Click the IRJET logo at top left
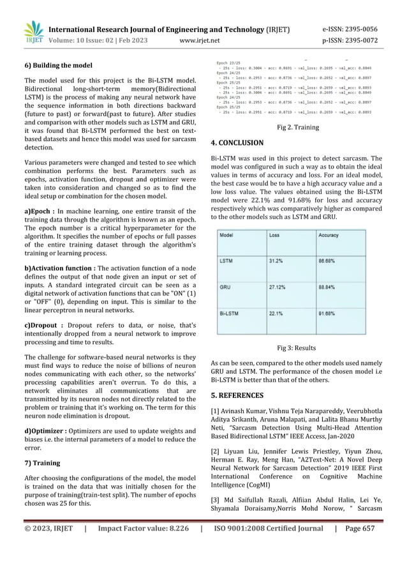(x=33, y=33)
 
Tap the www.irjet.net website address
(x=200, y=41)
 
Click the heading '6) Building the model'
(x=58, y=65)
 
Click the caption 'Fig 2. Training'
(x=298, y=127)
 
